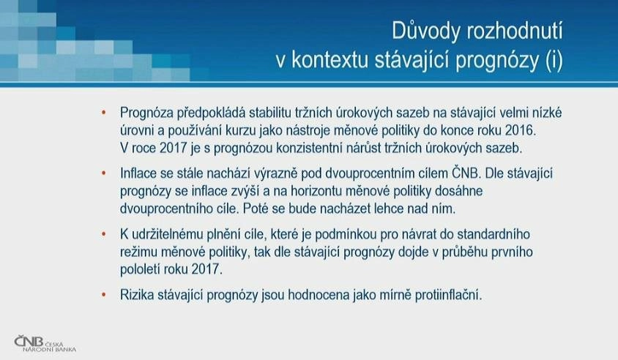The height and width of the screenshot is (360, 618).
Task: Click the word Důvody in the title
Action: click(425, 31)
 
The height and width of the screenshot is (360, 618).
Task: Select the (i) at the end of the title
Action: click(554, 61)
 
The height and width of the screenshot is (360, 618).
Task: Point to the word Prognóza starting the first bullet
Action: click(146, 113)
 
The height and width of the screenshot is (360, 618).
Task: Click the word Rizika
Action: click(137, 295)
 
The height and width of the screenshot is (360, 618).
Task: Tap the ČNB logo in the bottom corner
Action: click(45, 343)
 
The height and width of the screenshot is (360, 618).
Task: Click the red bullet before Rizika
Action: click(104, 295)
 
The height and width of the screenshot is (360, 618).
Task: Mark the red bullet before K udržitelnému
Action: click(104, 234)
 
